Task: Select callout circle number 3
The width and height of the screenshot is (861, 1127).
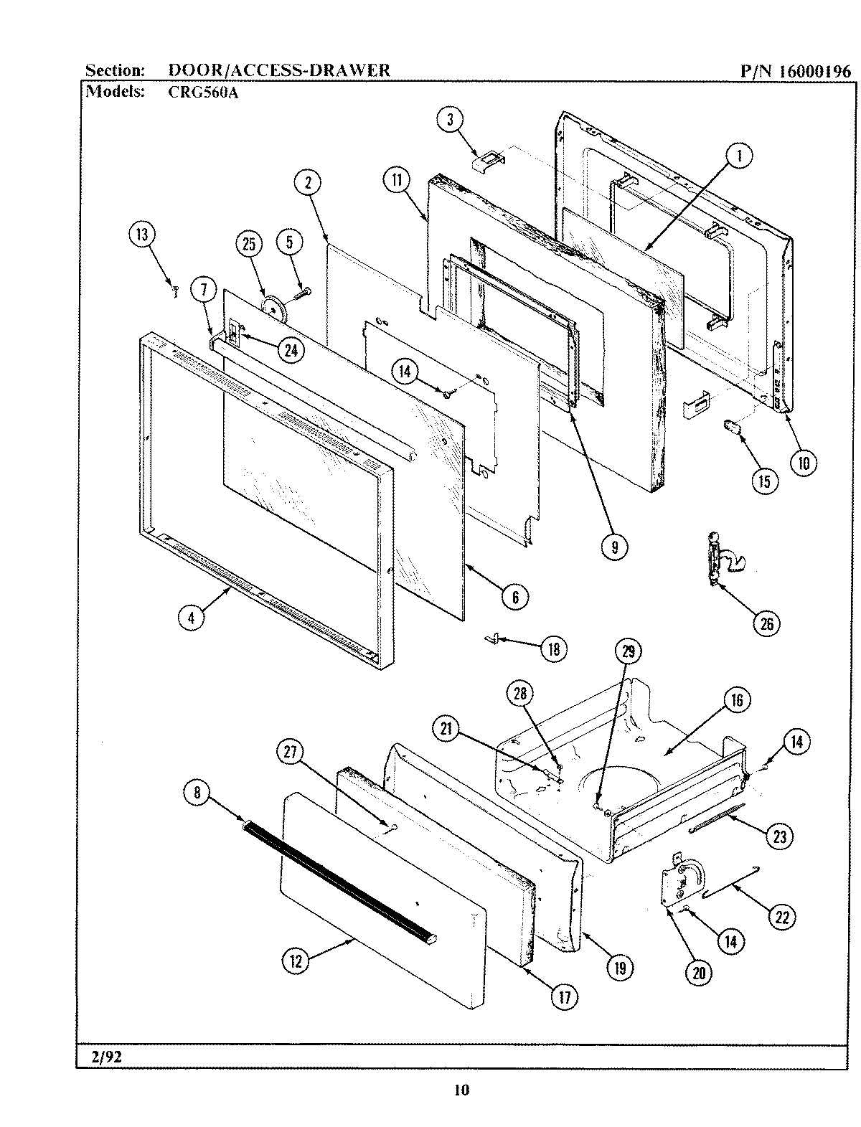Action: point(451,120)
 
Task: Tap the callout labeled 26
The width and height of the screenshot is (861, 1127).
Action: point(766,623)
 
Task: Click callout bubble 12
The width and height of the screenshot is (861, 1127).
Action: point(296,961)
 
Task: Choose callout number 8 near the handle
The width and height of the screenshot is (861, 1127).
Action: point(197,793)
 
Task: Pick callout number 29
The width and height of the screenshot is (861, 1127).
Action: point(629,651)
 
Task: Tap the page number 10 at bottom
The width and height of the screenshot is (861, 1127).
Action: point(461,1091)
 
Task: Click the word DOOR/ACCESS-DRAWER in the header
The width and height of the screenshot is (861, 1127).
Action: point(279,70)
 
